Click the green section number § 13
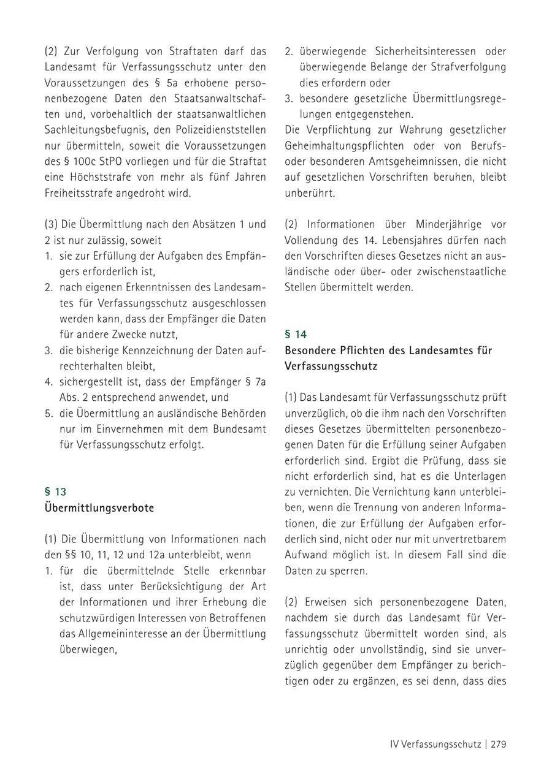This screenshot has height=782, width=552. click(x=55, y=492)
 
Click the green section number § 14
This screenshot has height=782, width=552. click(x=296, y=334)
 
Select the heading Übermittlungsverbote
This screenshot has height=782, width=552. click(x=99, y=508)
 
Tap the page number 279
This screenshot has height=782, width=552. click(x=498, y=745)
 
